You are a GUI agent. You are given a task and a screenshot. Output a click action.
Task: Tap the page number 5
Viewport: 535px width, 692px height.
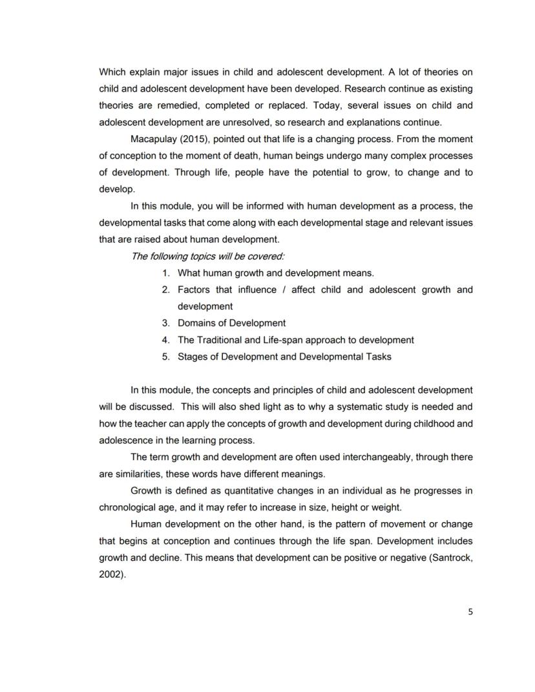tap(470, 612)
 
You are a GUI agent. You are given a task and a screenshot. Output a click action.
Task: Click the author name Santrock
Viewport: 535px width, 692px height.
tap(451, 557)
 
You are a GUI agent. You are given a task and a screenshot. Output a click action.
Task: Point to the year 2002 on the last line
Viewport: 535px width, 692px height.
tap(110, 574)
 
